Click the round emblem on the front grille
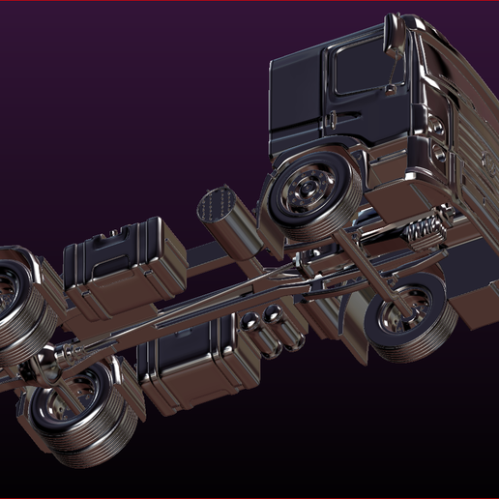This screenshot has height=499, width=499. coord(471,145)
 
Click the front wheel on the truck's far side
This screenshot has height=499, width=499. coord(407,319)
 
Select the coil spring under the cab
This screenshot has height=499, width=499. coord(425,230)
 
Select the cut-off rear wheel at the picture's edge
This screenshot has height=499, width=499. coord(19,300)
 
